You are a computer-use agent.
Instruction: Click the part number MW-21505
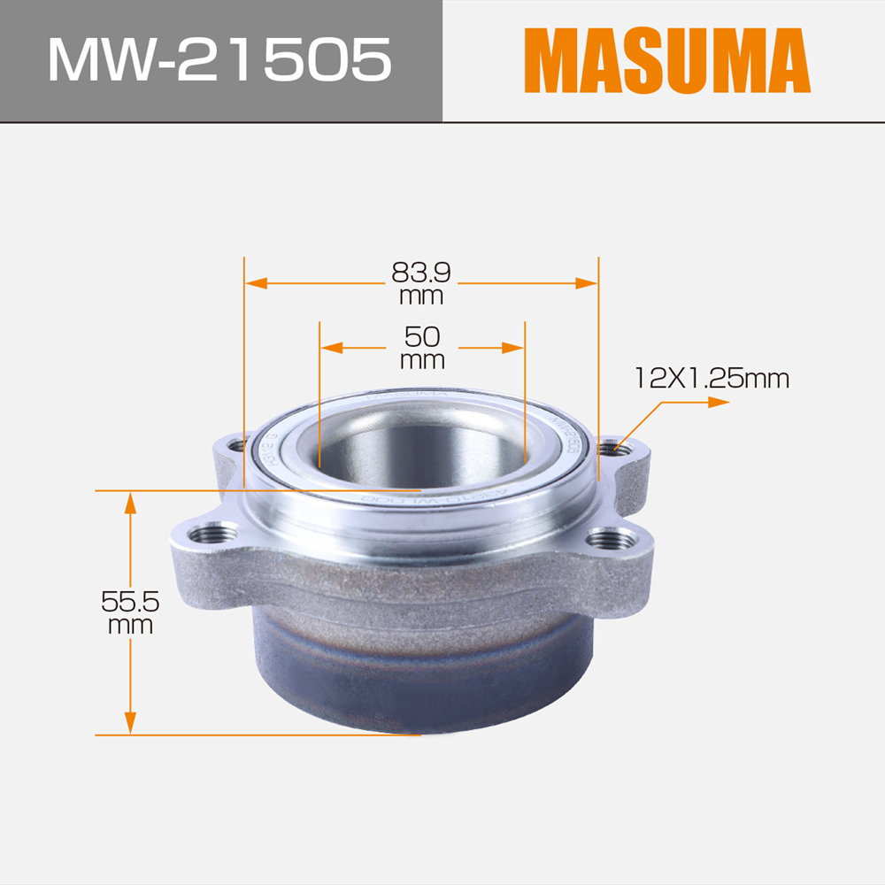point(219,60)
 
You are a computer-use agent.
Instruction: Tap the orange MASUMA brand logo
point(666,61)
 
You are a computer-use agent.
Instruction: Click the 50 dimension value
point(422,336)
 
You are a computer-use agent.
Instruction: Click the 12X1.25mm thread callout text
point(711,379)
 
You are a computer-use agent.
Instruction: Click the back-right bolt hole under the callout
point(611,449)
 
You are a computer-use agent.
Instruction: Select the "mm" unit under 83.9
point(421,295)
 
